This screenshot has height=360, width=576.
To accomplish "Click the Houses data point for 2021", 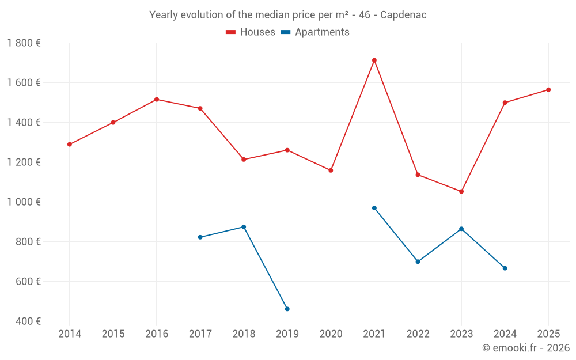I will (374, 60).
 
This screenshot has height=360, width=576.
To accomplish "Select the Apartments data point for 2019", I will (287, 309).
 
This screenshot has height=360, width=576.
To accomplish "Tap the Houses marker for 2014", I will (70, 145).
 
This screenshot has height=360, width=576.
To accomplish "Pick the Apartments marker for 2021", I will (374, 208).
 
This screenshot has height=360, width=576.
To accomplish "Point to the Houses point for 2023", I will (461, 191).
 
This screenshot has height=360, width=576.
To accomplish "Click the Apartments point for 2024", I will (505, 268).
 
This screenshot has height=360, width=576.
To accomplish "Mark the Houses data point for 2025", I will (548, 90).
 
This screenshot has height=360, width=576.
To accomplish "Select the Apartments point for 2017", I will (200, 237).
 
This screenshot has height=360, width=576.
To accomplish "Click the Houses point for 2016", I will (157, 100).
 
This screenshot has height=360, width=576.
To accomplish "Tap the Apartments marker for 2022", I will (418, 262).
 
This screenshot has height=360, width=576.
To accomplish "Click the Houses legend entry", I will (251, 32).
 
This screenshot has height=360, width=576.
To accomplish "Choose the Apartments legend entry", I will (315, 32).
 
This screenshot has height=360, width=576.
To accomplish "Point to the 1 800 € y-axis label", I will (24, 43).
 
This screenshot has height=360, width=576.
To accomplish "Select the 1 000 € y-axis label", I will (24, 202).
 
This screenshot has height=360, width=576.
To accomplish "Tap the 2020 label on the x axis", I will (331, 334).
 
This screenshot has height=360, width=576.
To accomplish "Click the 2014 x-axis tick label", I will (70, 334).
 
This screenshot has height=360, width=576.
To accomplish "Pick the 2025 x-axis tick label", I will (548, 334).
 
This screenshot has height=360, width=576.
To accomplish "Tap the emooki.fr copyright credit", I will (526, 348).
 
